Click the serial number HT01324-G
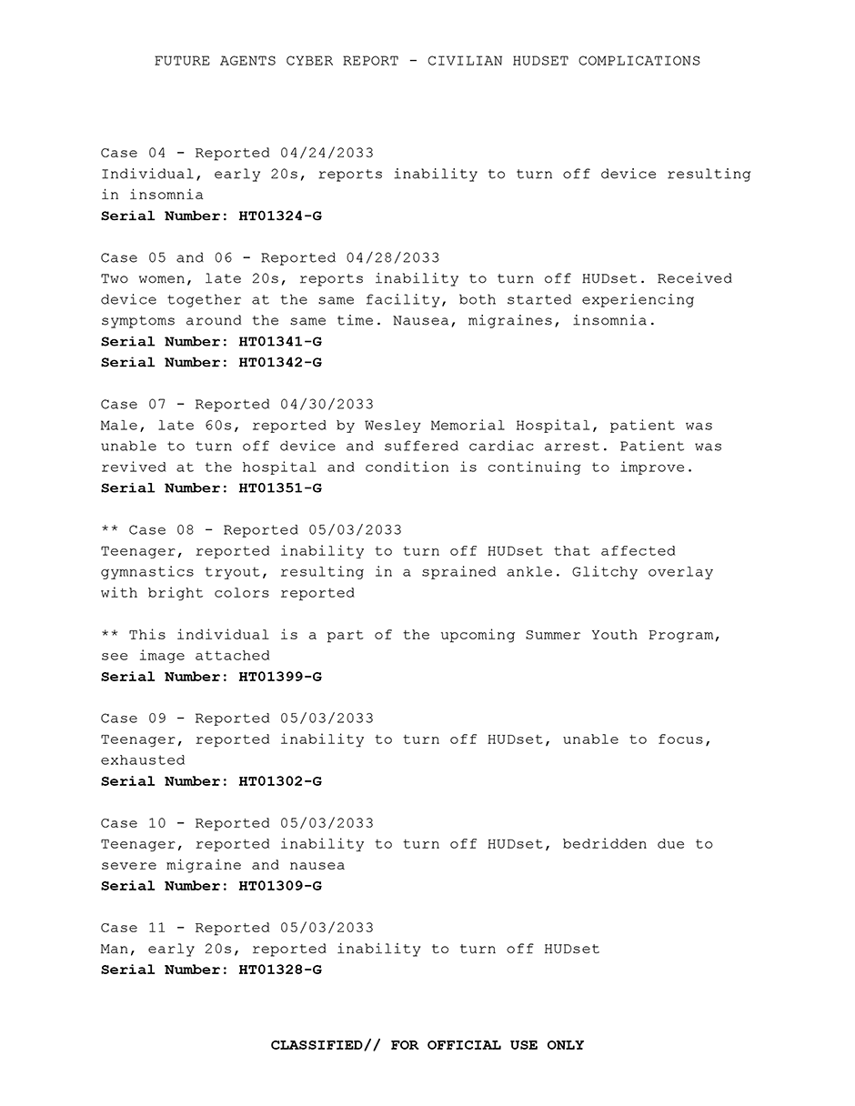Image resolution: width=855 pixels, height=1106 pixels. pyautogui.click(x=280, y=216)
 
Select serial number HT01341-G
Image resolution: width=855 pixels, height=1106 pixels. pyautogui.click(x=280, y=342)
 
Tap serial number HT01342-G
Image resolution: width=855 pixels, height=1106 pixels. pyautogui.click(x=280, y=363)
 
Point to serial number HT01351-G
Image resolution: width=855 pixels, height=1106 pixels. pyautogui.click(x=280, y=488)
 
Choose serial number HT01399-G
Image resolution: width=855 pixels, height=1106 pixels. pyautogui.click(x=280, y=677)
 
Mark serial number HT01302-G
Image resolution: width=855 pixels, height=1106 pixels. pyautogui.click(x=280, y=781)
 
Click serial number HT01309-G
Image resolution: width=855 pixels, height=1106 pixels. pyautogui.click(x=280, y=886)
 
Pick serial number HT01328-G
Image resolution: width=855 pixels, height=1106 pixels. pyautogui.click(x=280, y=970)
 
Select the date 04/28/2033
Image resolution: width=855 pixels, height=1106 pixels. pyautogui.click(x=393, y=258)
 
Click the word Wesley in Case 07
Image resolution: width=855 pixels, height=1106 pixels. pyautogui.click(x=393, y=426)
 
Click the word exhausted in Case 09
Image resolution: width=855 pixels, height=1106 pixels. pyautogui.click(x=143, y=760)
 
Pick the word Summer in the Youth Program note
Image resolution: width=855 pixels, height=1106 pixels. pyautogui.click(x=553, y=635)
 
